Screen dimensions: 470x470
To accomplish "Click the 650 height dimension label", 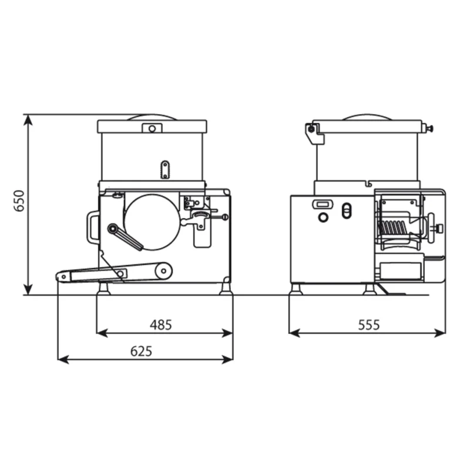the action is [x=19, y=200].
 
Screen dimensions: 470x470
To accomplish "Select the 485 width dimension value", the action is [x=161, y=325].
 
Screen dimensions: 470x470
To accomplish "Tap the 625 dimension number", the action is [x=141, y=351].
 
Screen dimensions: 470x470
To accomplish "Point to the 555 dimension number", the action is [x=369, y=325].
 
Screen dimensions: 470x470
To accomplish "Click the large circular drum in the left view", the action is [x=152, y=222].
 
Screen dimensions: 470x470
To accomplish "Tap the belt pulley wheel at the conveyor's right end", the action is [x=164, y=271].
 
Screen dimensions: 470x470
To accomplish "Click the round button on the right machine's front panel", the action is [x=323, y=217].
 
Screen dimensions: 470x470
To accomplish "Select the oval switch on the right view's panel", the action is [x=347, y=211].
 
